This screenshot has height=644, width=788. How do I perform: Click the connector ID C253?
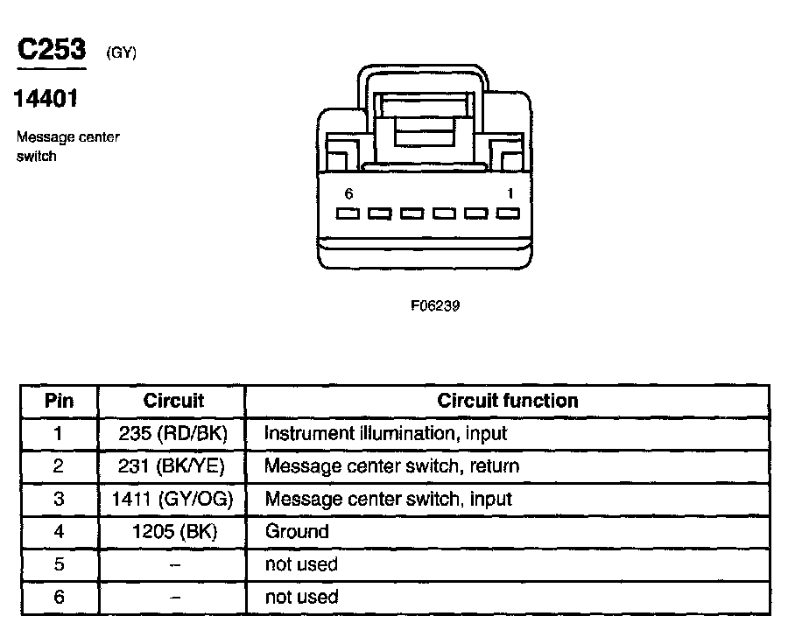[x=52, y=49]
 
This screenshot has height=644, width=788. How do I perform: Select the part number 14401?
[x=45, y=99]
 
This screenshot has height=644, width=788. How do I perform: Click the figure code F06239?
[x=435, y=306]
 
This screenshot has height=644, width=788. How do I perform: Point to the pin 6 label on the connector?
[x=348, y=193]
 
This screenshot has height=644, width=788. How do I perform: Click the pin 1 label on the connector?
[x=510, y=193]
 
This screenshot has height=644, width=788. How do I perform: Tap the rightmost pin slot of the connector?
[x=508, y=213]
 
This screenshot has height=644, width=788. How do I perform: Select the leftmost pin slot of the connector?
[x=348, y=213]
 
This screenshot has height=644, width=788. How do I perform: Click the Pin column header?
[x=59, y=401]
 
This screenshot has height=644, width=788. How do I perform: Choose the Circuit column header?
[x=172, y=401]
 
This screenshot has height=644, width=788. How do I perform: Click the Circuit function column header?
[x=507, y=401]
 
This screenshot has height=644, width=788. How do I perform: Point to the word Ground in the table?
[x=296, y=531]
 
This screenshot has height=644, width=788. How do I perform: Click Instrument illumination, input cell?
[x=385, y=433]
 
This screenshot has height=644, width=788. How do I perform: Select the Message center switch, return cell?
[x=391, y=465]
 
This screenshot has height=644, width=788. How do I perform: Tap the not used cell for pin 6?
[x=301, y=597]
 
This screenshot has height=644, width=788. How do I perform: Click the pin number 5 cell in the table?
[x=59, y=564]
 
